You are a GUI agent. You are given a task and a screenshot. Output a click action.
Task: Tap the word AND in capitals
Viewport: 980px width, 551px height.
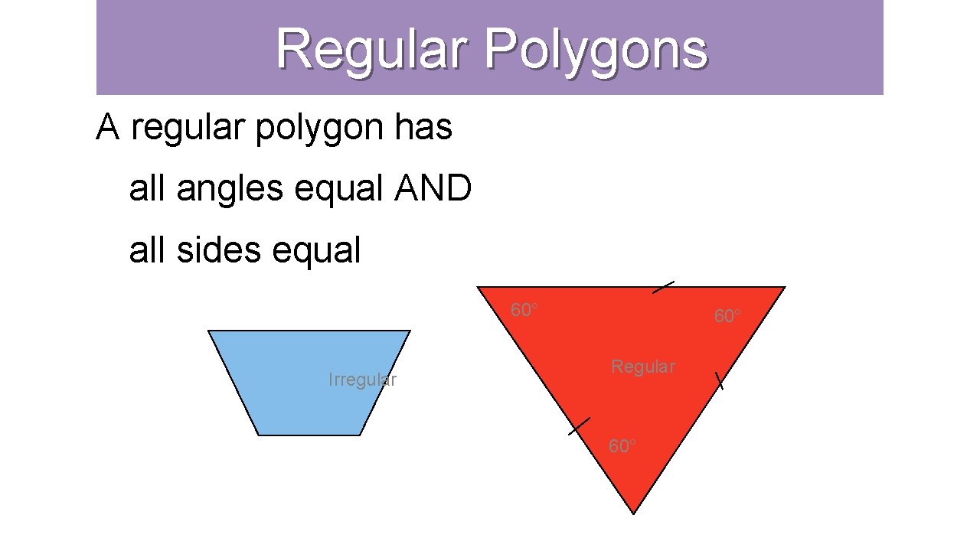[433, 188]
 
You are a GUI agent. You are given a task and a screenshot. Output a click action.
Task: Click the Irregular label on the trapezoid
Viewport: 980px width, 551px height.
[362, 380]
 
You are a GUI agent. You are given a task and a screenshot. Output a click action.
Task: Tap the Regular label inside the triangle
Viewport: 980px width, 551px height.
[643, 367]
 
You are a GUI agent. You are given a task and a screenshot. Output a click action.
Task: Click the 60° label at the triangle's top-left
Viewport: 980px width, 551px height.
[524, 310]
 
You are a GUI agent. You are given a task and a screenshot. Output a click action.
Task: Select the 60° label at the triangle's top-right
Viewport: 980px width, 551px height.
[727, 315]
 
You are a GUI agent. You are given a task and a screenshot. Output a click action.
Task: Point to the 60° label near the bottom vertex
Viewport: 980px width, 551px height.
[622, 445]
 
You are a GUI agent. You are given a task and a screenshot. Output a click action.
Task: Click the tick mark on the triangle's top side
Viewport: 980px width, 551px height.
[663, 287]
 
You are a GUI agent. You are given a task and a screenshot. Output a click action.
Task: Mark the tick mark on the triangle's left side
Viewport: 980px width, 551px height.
[580, 426]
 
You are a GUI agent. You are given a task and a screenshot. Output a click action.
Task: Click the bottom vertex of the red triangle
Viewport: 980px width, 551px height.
[634, 513]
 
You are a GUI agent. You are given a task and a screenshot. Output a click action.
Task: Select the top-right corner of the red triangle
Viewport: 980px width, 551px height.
[785, 287]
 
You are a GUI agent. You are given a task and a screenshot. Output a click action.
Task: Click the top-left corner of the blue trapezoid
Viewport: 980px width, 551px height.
[208, 331]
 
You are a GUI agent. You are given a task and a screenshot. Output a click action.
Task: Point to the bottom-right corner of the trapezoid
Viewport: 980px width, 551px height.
[360, 435]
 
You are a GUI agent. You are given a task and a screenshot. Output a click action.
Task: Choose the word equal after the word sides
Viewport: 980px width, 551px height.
[320, 250]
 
